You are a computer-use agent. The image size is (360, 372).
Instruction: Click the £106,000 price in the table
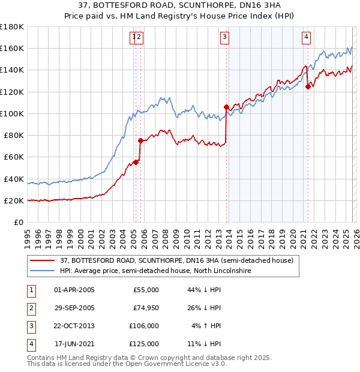pyautogui.click(x=144, y=326)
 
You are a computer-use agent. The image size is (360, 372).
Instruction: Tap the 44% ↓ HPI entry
pyautogui.click(x=204, y=290)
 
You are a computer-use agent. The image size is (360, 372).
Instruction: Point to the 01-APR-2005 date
pyautogui.click(x=74, y=290)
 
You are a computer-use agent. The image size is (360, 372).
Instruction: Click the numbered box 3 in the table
pyautogui.click(x=30, y=326)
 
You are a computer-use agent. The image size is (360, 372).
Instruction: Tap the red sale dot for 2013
pyautogui.click(x=226, y=107)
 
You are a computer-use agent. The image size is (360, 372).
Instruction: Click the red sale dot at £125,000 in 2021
pyautogui.click(x=308, y=86)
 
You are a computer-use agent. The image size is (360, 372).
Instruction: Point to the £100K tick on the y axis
pyautogui.click(x=12, y=113)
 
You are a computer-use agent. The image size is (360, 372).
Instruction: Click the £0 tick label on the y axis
pyautogui.click(x=18, y=222)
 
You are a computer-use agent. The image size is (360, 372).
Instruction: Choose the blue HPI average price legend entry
pyautogui.click(x=155, y=271)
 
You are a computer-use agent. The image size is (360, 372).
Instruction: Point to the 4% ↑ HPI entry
pyautogui.click(x=204, y=326)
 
